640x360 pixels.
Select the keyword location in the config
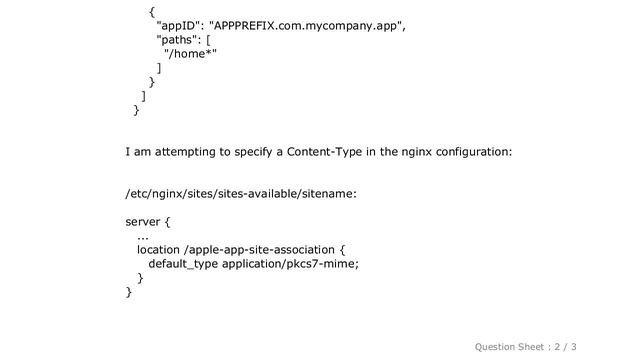pyautogui.click(x=160, y=250)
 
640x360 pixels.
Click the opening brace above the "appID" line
pyautogui.click(x=151, y=12)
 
